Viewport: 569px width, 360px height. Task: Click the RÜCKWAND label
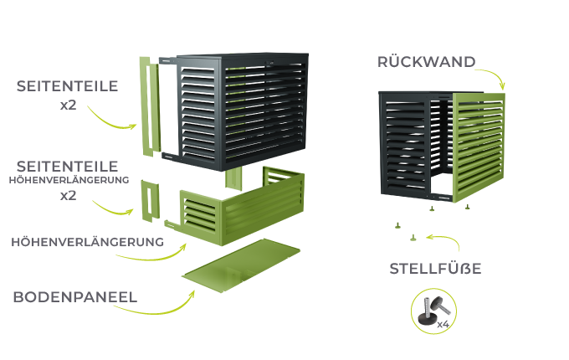427,62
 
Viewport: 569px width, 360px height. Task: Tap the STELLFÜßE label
435,269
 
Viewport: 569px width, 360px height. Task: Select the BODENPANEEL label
75,297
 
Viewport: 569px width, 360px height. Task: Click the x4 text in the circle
443,324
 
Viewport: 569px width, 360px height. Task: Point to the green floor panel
241,266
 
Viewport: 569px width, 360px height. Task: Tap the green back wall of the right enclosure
479,147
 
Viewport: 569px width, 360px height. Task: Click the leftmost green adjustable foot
397,225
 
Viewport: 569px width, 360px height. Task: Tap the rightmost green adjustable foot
468,207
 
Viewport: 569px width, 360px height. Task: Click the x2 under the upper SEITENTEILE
69,105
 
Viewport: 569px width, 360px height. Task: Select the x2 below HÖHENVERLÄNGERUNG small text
69,196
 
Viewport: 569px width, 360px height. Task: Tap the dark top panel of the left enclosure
243,55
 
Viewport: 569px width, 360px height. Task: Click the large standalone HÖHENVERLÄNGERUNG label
88,242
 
